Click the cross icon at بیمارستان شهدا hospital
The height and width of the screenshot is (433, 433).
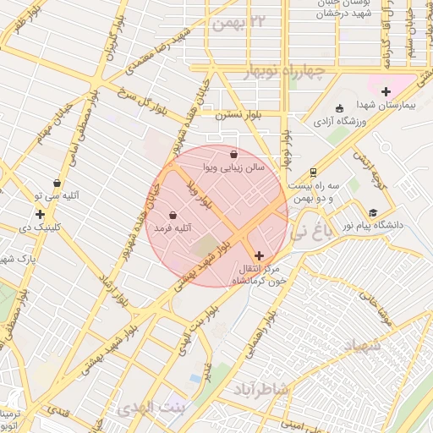pos(386,91)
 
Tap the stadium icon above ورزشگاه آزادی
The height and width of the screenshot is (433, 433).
pos(340,108)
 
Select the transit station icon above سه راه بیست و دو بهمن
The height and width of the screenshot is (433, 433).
pos(314,170)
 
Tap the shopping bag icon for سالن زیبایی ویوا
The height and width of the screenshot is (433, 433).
pos(234,154)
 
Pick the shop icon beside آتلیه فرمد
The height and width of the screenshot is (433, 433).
pos(173,216)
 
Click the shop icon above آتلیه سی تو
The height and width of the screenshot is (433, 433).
pos(58,182)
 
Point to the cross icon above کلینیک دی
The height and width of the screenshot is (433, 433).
pos(40,214)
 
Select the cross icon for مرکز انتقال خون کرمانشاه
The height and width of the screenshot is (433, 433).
pos(258,255)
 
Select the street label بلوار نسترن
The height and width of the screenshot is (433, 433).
pos(233,113)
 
